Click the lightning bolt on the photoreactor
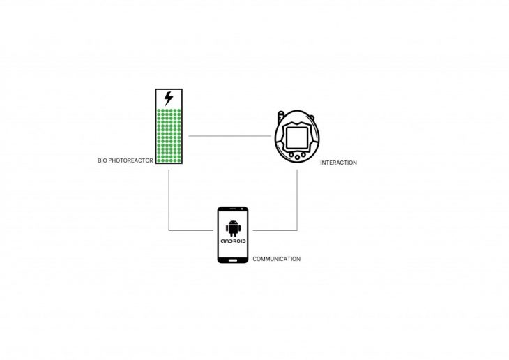tap(168, 98)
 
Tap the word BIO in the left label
tap(102, 160)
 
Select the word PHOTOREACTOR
tap(130, 160)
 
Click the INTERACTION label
tap(338, 163)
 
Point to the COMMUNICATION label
tap(276, 259)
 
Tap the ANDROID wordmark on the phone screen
tap(233, 241)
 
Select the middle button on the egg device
tap(298, 158)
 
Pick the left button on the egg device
tap(290, 155)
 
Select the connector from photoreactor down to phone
tap(169, 202)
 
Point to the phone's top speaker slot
tap(233, 211)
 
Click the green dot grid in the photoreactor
tap(168, 136)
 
